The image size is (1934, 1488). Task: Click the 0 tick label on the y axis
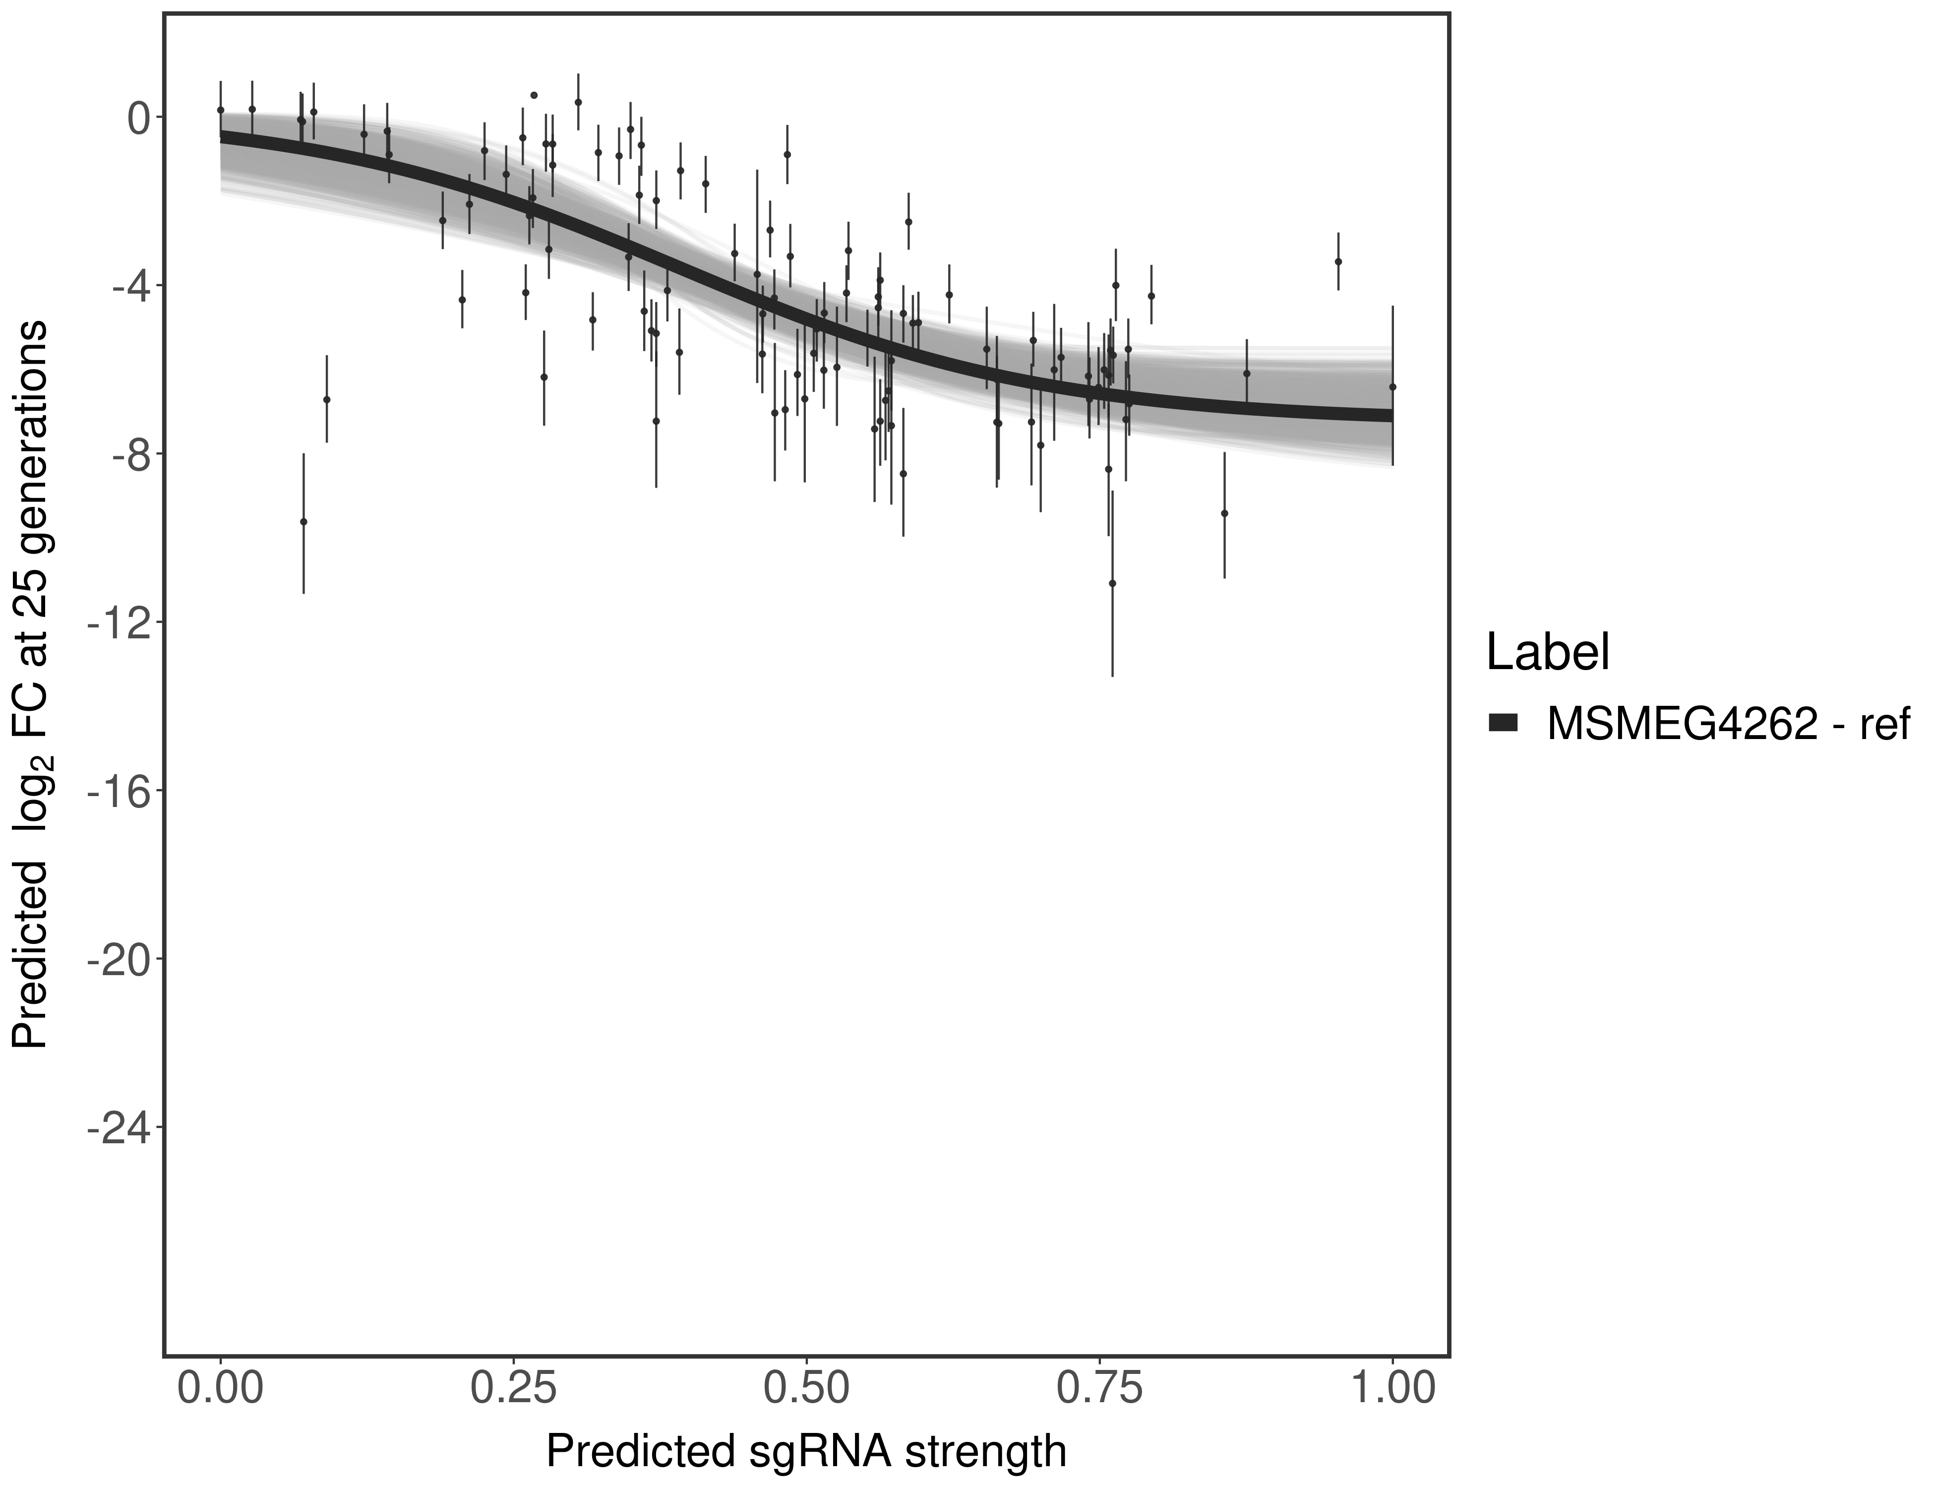[138, 118]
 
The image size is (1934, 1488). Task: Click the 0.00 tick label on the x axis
[221, 1388]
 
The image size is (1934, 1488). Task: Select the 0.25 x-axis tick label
[514, 1388]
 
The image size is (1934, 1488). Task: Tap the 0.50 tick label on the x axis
[806, 1388]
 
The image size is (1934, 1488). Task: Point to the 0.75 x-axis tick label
[1099, 1388]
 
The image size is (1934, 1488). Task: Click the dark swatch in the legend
[1504, 724]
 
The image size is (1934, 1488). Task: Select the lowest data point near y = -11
[1112, 583]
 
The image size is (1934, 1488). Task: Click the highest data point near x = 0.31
[578, 102]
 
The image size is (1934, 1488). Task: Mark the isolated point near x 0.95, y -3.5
[1338, 261]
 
